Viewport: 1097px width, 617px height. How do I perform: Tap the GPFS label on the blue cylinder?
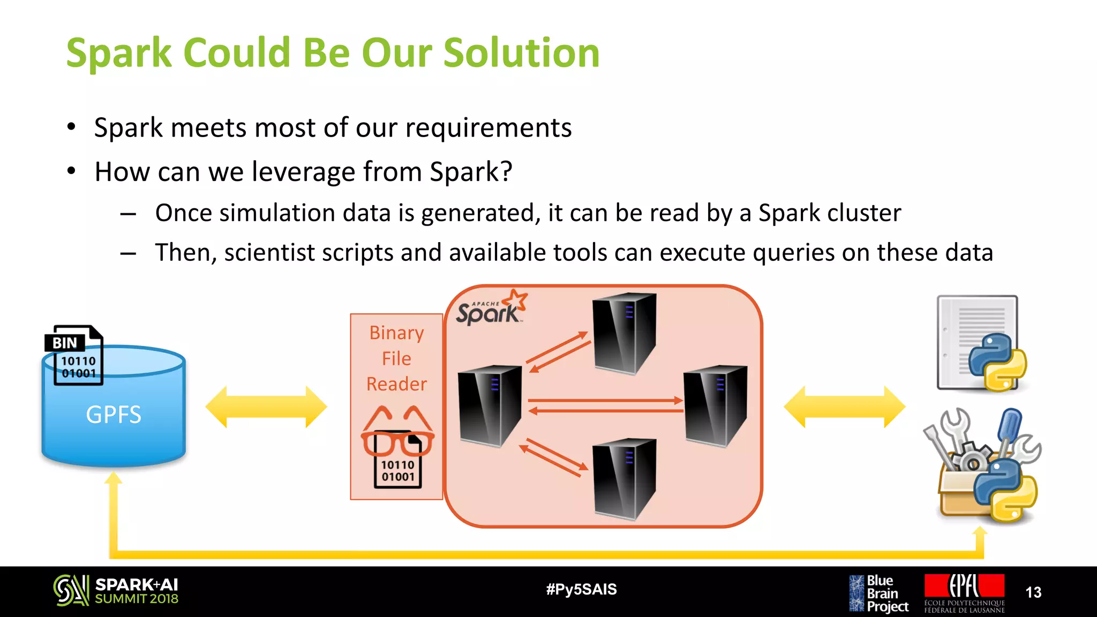[x=114, y=415]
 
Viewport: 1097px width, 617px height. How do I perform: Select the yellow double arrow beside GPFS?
[x=266, y=407]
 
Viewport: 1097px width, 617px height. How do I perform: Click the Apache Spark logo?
[x=491, y=308]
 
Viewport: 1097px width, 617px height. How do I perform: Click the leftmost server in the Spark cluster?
[x=490, y=405]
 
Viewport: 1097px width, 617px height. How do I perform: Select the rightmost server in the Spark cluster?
[x=715, y=405]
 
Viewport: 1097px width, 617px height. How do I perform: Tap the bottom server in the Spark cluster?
[x=624, y=478]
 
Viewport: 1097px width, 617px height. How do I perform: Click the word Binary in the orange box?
[x=396, y=333]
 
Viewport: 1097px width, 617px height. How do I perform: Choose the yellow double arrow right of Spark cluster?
[x=844, y=407]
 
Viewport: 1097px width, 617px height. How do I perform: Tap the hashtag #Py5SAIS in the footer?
[x=581, y=590]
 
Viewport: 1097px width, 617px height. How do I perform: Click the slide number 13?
[x=1033, y=592]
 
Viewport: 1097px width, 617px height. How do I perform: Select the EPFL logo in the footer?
[x=964, y=592]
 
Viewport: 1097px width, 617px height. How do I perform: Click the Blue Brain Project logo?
[x=878, y=593]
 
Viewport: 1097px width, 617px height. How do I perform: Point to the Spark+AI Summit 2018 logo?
[x=116, y=591]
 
